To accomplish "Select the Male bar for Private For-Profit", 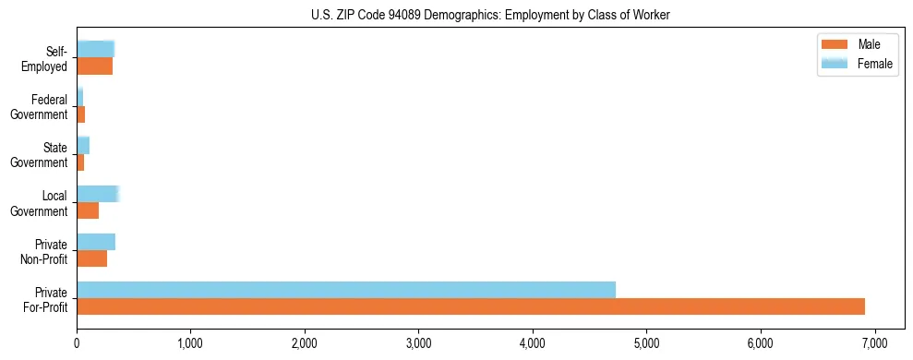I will tap(471, 306).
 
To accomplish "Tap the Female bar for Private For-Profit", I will tap(346, 290).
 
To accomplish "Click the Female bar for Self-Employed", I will tap(95, 49).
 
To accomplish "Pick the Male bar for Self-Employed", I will tap(94, 66).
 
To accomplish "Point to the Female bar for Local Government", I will tap(98, 194).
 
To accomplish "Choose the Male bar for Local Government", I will tap(88, 210).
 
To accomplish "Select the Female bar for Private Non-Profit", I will tap(96, 242).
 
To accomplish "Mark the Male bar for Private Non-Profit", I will tap(91, 258).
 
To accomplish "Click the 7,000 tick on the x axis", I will tap(874, 343).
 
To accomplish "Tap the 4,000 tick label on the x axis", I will tap(533, 343).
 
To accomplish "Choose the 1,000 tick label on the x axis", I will tap(190, 343).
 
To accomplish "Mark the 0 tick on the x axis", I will tap(77, 343).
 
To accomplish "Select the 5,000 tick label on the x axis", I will tap(646, 343).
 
